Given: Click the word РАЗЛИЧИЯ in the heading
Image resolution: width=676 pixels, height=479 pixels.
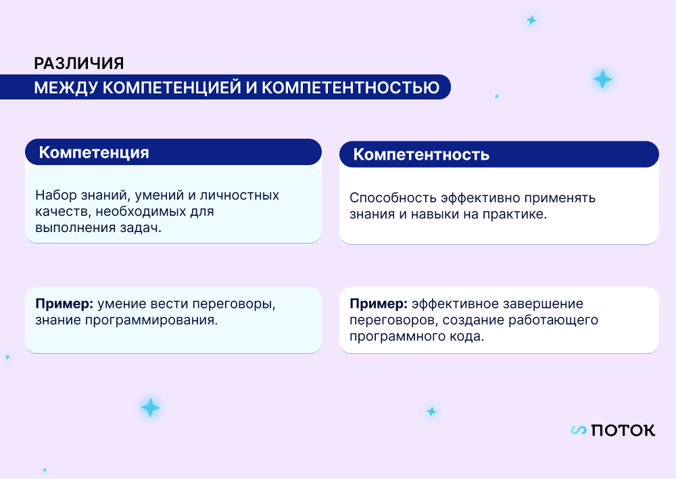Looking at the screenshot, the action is tap(79, 64).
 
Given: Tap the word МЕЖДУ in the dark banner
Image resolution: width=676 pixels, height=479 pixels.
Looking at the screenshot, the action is tap(66, 87).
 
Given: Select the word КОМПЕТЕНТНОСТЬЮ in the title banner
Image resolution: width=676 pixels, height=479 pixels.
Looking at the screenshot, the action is tap(350, 87).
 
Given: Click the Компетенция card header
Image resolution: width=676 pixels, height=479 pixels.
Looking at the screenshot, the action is tap(173, 152).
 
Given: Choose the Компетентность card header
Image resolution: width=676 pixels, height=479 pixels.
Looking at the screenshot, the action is tap(499, 154).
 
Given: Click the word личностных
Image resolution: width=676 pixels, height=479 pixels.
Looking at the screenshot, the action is tap(239, 195).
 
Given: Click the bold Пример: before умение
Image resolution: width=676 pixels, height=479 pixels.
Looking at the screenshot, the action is tap(64, 304).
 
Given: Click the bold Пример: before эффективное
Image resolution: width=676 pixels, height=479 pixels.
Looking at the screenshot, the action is tap(379, 304).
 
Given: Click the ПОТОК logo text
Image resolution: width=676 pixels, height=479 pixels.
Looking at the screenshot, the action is tap(623, 430).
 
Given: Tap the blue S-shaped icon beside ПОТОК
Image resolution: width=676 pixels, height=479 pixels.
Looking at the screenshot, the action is tap(579, 430).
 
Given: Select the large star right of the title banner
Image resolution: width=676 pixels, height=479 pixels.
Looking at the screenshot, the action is tap(602, 79).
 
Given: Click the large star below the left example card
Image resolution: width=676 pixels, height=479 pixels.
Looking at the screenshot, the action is tap(151, 408).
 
